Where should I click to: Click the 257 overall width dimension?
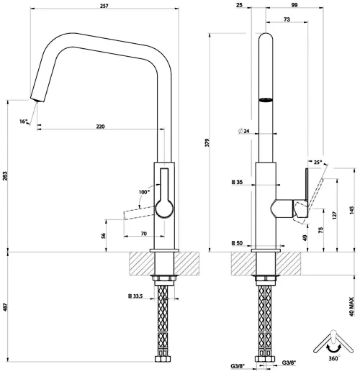pyautogui.click(x=105, y=6)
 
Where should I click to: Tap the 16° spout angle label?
pyautogui.click(x=24, y=122)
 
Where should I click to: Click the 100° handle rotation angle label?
pyautogui.click(x=143, y=192)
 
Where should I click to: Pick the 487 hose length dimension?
pyautogui.click(x=5, y=307)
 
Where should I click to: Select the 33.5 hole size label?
pyautogui.click(x=135, y=296)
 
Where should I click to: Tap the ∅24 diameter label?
pyautogui.click(x=243, y=131)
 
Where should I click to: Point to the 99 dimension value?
pyautogui.click(x=295, y=6)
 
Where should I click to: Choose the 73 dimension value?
pyautogui.click(x=287, y=21)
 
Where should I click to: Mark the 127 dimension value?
pyautogui.click(x=336, y=214)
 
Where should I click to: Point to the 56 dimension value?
pyautogui.click(x=104, y=236)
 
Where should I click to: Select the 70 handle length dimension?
pyautogui.click(x=144, y=234)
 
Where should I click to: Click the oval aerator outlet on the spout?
pyautogui.click(x=266, y=100)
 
